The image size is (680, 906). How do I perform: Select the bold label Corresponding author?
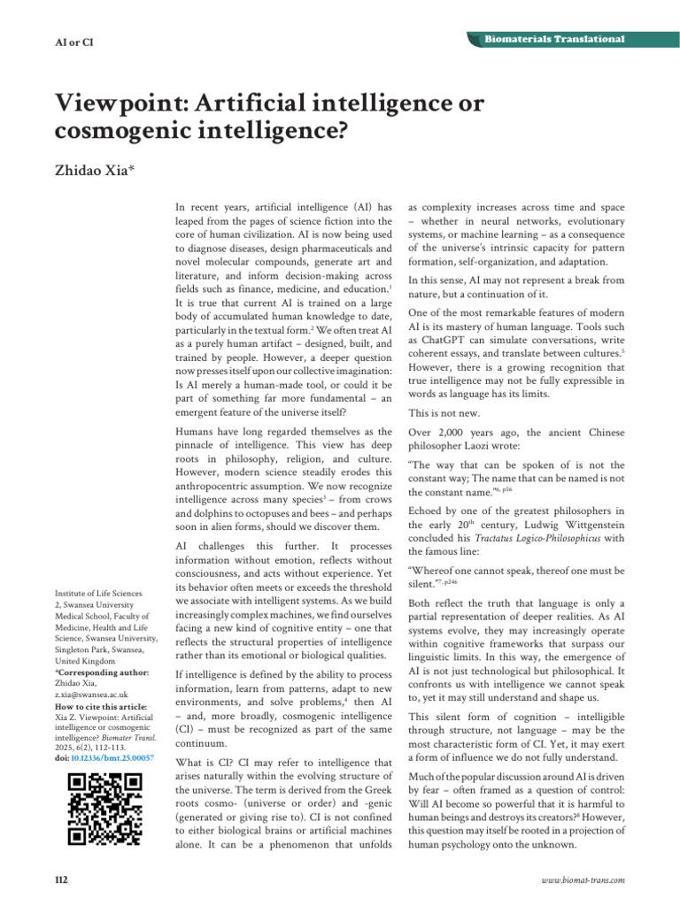[102, 672]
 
